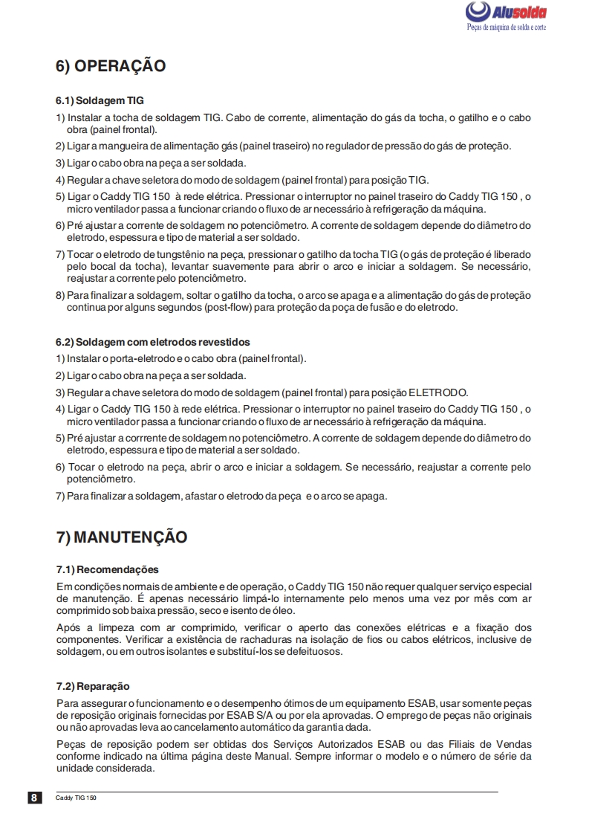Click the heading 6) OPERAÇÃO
pos(111,66)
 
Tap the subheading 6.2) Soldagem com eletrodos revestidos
pos(152,342)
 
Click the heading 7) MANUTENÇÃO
pos(122,536)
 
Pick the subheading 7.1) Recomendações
pos(107,570)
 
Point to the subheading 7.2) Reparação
pos(92,686)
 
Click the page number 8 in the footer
pos(34,798)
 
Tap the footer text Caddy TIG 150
pos(77,798)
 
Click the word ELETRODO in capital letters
pos(438,392)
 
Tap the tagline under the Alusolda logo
pos(506,27)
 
